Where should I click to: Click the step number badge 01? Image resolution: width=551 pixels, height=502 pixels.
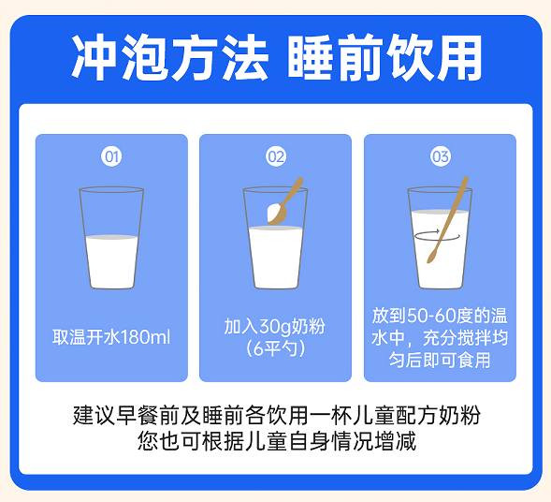pos(111,156)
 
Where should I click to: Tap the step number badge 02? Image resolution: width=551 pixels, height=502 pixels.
pos(276,156)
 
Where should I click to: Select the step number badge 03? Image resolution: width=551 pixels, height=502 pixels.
pos(441,156)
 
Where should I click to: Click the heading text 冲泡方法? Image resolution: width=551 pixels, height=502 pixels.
pos(170,57)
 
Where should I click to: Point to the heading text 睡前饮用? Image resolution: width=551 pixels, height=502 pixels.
pos(385,57)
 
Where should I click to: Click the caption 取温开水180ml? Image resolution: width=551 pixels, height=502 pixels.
pos(111,337)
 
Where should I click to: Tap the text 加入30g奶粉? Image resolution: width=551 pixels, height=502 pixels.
pos(275,326)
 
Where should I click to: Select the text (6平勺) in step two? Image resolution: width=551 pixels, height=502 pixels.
pos(275,348)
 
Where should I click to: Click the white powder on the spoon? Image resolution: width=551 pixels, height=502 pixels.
pos(273,213)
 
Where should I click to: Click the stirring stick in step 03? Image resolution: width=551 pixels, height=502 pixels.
pos(448,220)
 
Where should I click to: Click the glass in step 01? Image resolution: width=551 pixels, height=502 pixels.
pos(111,238)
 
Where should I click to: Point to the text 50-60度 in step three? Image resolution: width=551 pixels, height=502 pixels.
pos(440,316)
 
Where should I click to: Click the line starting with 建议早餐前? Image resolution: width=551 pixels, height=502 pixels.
pos(277,415)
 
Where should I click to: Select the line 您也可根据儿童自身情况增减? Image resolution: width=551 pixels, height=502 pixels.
pos(277,440)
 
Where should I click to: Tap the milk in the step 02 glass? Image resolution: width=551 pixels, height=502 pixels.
pos(276,258)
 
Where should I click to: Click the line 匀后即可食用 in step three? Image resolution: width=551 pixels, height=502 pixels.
pos(440,360)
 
